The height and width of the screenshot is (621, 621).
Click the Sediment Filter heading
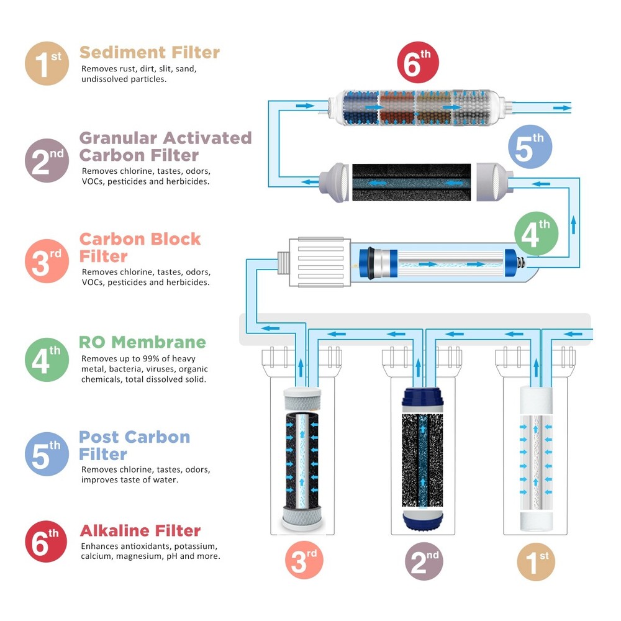tap(150, 52)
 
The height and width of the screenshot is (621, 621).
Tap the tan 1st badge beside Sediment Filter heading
tap(47, 63)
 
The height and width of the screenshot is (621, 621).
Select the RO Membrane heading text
tap(142, 342)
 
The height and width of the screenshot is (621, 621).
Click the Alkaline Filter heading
tap(140, 531)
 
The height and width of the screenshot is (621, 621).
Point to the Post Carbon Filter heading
tap(134, 445)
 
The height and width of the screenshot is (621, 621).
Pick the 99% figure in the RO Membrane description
tap(143, 359)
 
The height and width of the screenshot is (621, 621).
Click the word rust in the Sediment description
tap(125, 69)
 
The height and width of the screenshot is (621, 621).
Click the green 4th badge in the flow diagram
tap(537, 235)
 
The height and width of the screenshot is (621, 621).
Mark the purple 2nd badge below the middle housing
tap(424, 561)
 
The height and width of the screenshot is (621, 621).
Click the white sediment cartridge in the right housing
tap(535, 460)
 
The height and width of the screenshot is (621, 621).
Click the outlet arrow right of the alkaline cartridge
tap(562, 107)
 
